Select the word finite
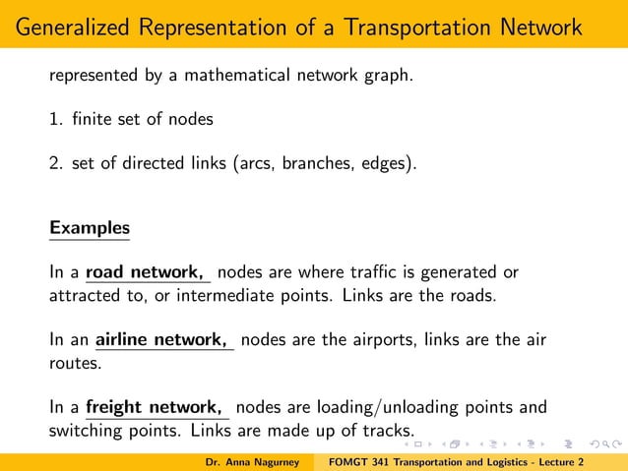tap(90, 119)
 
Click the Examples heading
tap(90, 227)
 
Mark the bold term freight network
tap(154, 407)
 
